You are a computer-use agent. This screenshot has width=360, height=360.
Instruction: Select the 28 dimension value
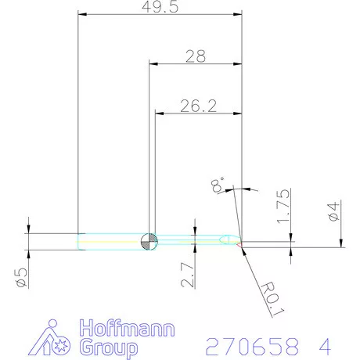(196, 56)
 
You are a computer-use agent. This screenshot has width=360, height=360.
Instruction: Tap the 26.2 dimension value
(197, 106)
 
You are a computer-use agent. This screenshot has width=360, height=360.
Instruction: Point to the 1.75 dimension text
(283, 205)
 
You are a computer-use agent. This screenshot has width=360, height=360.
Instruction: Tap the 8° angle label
(218, 185)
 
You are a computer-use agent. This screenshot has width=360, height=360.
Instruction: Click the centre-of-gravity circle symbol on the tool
(149, 240)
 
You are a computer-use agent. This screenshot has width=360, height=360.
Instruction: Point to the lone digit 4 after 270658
(323, 345)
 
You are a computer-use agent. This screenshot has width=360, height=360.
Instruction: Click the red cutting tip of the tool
(239, 243)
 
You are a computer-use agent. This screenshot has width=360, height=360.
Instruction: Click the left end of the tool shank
(81, 241)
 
